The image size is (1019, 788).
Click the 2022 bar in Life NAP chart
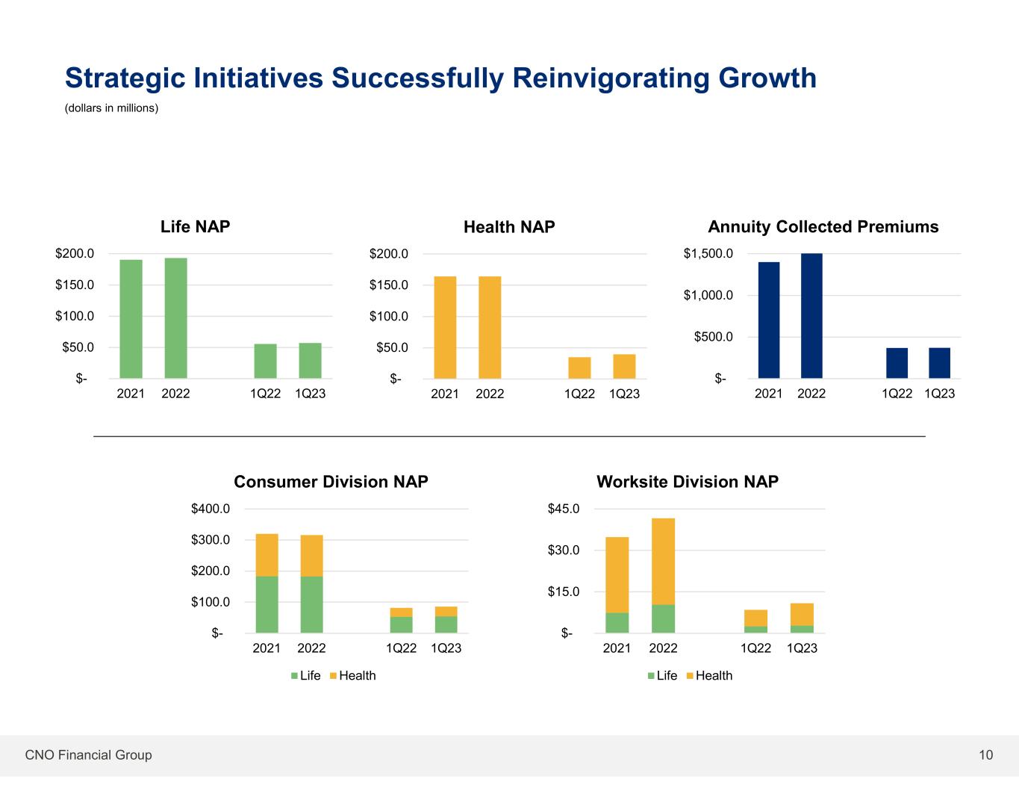point(176,318)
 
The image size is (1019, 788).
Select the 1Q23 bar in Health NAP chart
point(624,366)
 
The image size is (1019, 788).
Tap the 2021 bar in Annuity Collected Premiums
point(769,320)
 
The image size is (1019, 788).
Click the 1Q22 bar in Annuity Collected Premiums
point(897,363)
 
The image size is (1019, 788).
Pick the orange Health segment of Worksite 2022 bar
point(663,561)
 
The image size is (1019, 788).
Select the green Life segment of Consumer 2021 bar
point(267,604)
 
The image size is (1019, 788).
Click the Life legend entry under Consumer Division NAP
point(305,675)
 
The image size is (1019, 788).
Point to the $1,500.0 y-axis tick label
point(708,254)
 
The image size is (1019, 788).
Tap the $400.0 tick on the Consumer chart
point(211,509)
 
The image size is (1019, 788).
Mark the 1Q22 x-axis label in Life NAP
point(266,394)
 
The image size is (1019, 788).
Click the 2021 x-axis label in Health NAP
point(445,394)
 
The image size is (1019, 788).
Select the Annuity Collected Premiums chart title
point(823,227)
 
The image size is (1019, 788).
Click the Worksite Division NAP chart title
point(688,482)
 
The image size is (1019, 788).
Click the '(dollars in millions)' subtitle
point(112,108)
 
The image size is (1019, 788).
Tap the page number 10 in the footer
point(986,755)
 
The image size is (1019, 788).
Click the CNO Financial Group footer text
point(89,755)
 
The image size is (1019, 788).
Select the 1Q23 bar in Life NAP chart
point(311,361)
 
